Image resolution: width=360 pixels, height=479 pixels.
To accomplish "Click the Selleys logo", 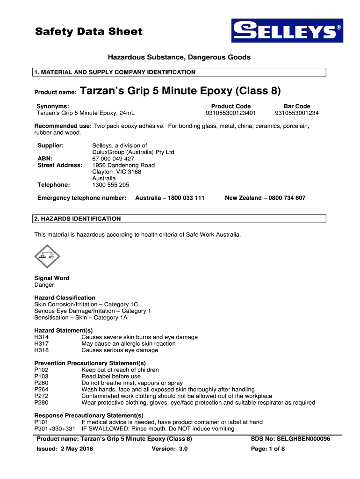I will [287, 31].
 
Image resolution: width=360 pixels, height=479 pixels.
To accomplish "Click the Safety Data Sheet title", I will [89, 32].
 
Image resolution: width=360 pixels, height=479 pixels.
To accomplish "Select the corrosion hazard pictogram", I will [47, 256].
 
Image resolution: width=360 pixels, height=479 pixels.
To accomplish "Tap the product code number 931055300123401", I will [230, 113].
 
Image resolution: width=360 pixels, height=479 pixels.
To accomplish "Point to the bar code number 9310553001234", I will [297, 113].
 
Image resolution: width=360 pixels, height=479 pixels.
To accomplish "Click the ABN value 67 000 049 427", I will [113, 159].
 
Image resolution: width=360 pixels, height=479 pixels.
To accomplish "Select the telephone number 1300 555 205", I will [111, 185].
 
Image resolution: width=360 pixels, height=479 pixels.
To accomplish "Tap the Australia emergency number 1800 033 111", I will [170, 198].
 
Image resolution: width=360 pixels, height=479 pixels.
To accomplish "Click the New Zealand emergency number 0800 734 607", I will [265, 198].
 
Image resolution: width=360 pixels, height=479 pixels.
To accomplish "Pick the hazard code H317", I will [41, 344].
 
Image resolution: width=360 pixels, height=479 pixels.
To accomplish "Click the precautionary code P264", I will [41, 390].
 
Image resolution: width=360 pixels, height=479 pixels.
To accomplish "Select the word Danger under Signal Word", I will [44, 285].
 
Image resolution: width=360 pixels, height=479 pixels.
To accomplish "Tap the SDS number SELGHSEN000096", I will [291, 439].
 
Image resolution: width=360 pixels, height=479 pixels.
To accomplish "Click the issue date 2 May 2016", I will [76, 449].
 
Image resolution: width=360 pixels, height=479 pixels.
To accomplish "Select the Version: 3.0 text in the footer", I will [169, 449].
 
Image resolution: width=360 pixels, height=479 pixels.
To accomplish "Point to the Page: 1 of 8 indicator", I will [268, 449].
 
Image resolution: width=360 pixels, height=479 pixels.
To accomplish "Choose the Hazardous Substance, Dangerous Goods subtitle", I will [180, 58].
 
